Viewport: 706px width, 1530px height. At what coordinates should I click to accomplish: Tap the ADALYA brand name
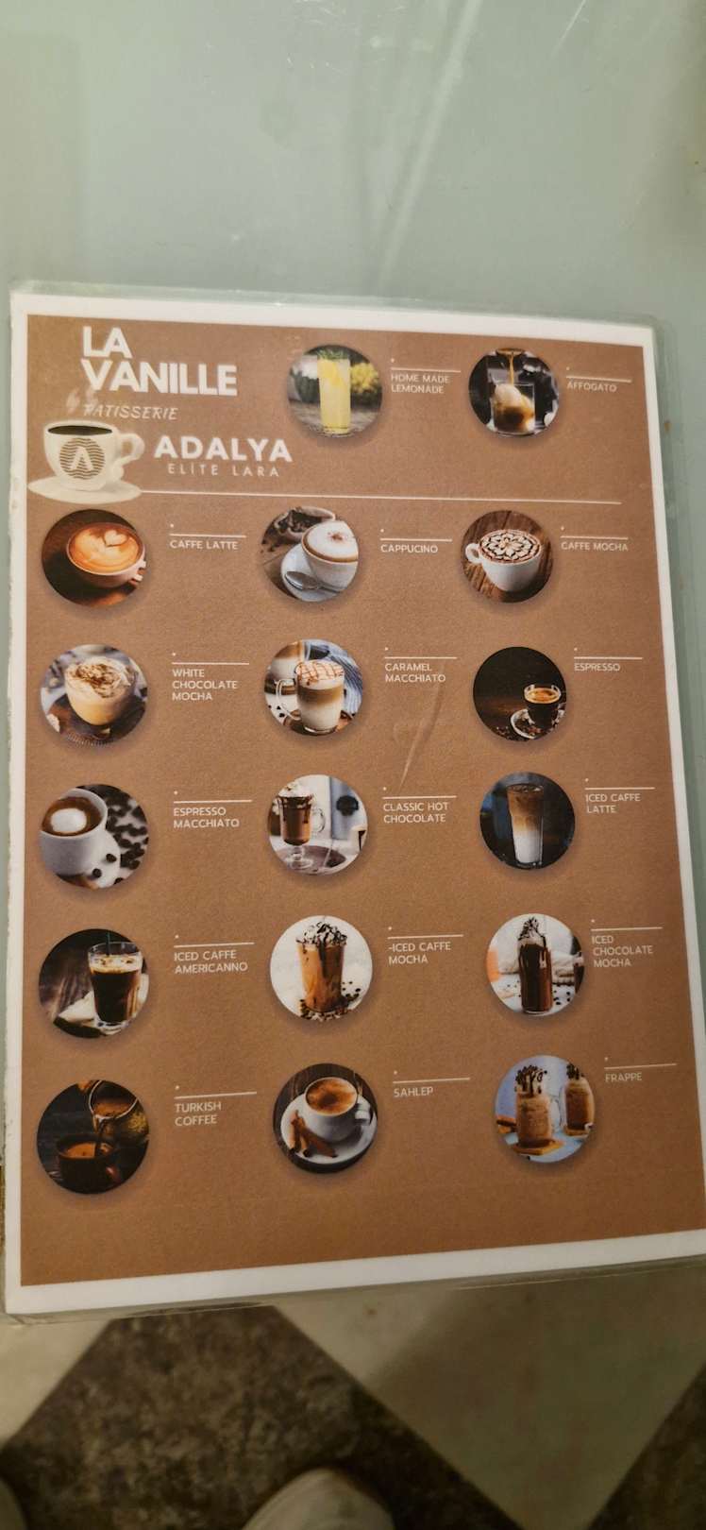click(224, 450)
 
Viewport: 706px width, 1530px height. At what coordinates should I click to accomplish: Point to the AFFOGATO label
click(591, 387)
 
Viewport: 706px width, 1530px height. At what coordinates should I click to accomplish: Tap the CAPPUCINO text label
click(409, 549)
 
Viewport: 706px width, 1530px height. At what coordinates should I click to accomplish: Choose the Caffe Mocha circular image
click(507, 556)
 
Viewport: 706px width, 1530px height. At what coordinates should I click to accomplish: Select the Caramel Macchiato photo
click(313, 688)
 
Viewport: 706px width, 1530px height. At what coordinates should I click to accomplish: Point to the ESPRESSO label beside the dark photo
click(597, 667)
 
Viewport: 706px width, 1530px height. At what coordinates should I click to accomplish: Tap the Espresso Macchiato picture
click(93, 835)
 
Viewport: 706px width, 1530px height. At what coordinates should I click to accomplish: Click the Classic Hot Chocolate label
click(414, 812)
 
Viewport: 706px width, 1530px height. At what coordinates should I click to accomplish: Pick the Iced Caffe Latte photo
click(527, 821)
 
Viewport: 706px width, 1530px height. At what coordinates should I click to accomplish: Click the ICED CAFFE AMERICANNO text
click(210, 961)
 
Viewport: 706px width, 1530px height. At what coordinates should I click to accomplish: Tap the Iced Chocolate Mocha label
click(622, 951)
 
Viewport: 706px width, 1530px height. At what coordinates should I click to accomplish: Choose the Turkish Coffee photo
click(92, 1136)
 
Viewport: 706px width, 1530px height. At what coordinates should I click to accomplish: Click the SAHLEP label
click(413, 1092)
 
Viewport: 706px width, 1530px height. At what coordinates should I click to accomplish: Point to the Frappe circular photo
click(545, 1109)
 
